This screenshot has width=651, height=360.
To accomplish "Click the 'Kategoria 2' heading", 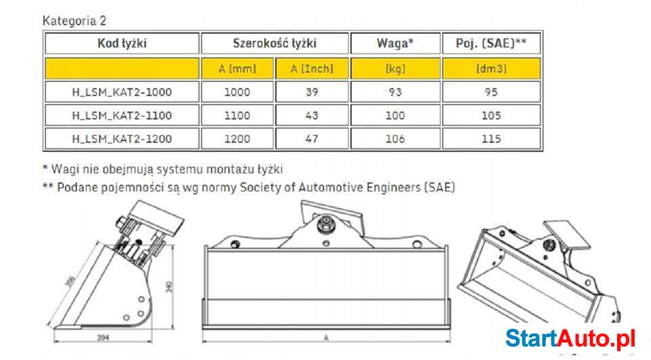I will coord(74,21).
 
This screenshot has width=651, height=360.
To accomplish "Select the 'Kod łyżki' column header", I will coord(122,44).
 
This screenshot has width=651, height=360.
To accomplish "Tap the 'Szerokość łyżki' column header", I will coord(275,44).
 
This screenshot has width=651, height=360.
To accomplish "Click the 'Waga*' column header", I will coord(395,44).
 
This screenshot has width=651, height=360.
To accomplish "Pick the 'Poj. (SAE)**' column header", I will coord(492,44).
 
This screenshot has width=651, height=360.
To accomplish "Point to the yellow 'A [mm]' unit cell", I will coord(237,68).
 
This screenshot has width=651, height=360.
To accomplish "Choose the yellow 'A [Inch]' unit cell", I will coord(311,68).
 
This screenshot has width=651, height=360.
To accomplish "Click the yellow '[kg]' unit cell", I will coord(395,68).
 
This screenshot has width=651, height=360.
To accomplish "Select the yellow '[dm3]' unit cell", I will coord(492,68).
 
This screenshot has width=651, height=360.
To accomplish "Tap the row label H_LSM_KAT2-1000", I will coord(122,92).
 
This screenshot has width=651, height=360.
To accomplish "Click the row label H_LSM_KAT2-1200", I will coord(122,139).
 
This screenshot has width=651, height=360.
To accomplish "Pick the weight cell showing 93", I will coord(395,92).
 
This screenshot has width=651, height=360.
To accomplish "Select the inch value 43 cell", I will coord(311,116).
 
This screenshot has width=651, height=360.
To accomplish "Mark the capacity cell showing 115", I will coord(492,139).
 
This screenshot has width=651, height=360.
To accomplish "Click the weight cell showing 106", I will coord(395,139).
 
